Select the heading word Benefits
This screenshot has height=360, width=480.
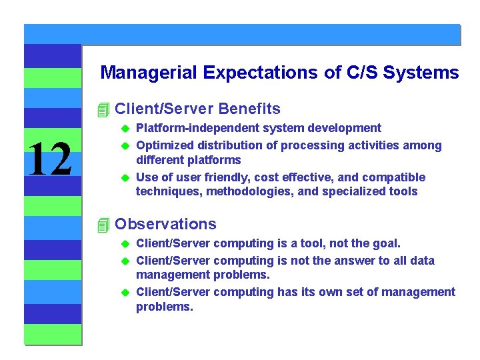249,109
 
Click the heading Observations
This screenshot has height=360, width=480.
165,224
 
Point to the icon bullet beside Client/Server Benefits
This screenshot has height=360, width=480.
102,109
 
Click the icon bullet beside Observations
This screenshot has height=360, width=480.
102,225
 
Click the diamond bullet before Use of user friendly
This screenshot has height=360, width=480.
123,178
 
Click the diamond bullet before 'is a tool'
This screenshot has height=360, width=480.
123,244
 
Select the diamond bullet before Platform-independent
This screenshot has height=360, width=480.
123,129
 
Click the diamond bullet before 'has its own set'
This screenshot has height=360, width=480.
123,293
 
